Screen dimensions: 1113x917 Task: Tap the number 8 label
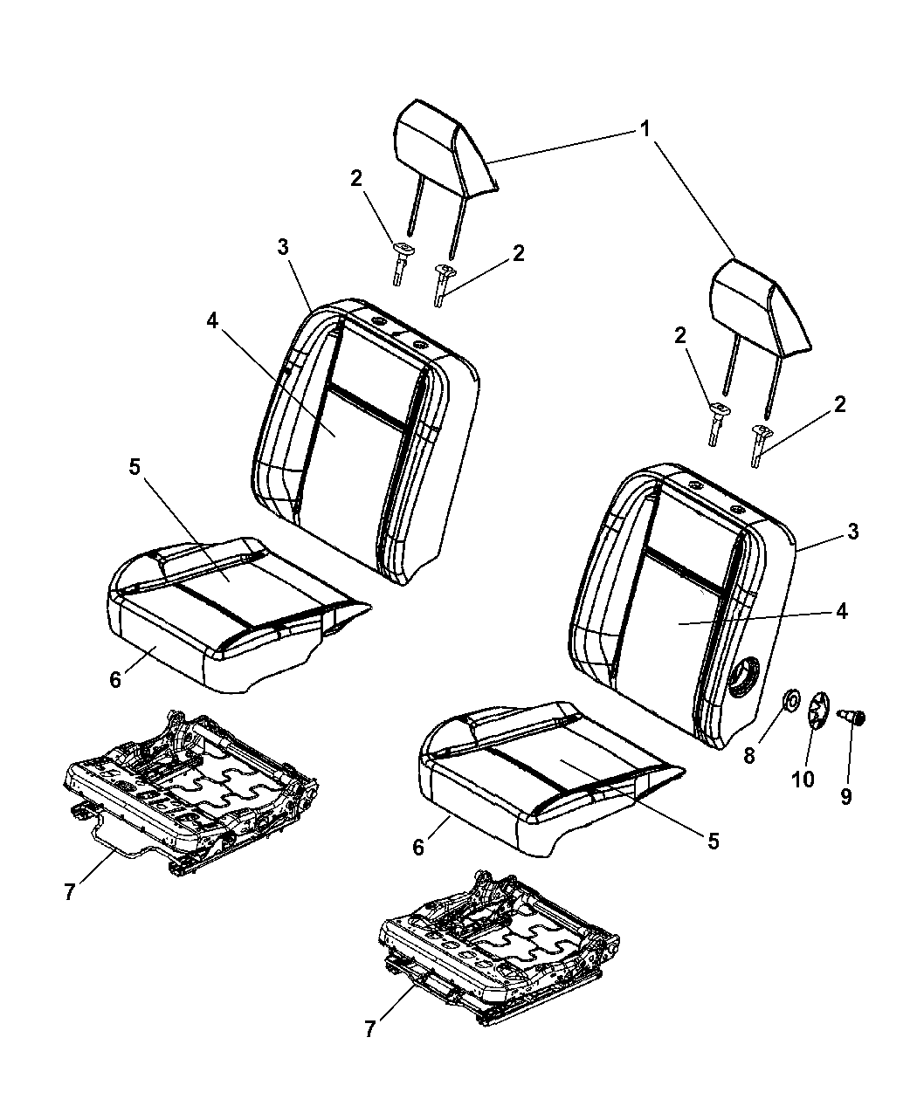[x=748, y=756]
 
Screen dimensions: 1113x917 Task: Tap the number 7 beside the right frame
[x=369, y=1030]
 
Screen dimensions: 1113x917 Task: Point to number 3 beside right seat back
[x=852, y=532]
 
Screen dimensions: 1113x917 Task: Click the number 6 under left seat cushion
[x=115, y=679]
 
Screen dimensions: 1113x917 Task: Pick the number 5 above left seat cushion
[x=134, y=467]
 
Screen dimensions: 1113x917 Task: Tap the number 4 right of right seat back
[x=840, y=611]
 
